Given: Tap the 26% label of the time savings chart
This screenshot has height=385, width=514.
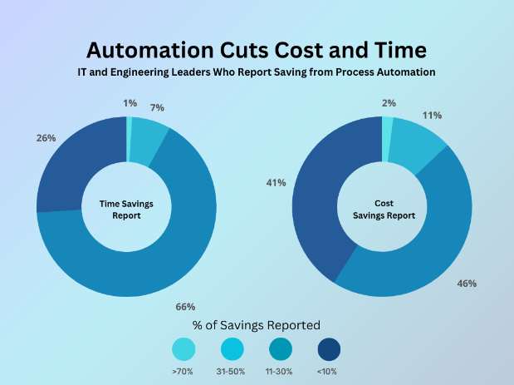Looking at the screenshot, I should (x=46, y=138).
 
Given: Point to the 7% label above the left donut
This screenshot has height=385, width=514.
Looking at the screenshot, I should (x=157, y=108).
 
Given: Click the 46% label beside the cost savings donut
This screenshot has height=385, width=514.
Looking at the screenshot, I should (x=467, y=284).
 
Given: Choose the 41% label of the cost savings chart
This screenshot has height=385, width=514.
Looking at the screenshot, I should (x=299, y=182).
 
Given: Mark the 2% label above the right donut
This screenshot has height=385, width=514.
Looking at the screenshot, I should (x=389, y=103).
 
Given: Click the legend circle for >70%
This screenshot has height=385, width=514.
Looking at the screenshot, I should (x=184, y=349).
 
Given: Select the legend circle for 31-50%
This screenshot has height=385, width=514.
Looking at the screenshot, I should (x=233, y=349).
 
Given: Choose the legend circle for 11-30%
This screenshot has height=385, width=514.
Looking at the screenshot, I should (x=281, y=349).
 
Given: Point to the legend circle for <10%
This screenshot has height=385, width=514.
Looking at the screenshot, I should (x=329, y=349).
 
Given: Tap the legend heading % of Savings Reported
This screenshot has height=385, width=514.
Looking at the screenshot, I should (x=256, y=324).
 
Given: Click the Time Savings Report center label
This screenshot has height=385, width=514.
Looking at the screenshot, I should (x=126, y=208).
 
